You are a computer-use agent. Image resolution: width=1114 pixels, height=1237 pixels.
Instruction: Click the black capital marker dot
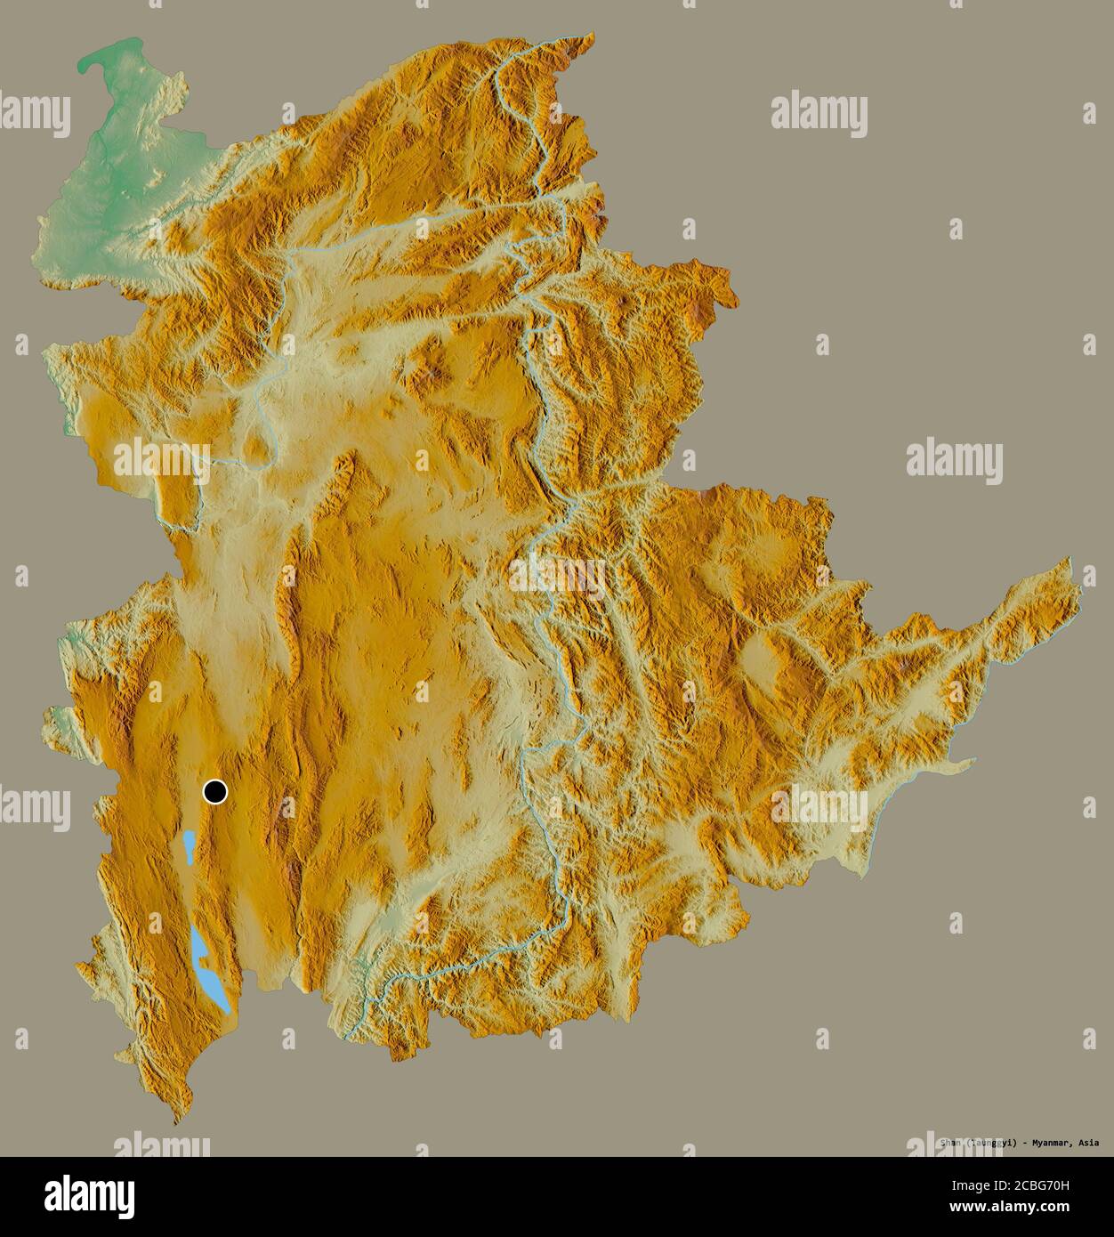pos(214,790)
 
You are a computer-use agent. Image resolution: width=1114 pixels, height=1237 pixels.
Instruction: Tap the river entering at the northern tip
pos(578,37)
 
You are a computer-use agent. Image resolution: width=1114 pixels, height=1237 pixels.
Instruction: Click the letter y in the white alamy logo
pos(125,1200)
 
